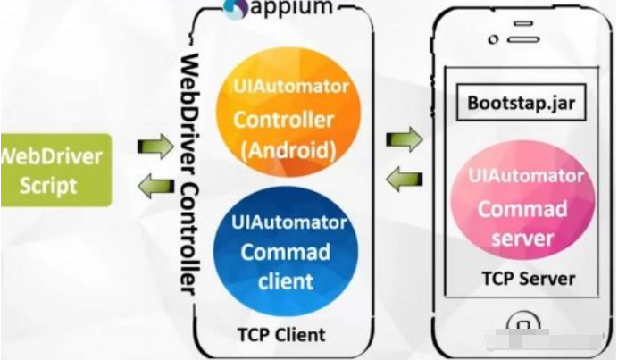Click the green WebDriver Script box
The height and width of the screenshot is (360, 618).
[54, 170]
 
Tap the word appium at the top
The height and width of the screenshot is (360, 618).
[294, 8]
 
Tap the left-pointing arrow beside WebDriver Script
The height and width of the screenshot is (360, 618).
[154, 186]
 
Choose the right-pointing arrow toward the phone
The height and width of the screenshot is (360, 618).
[405, 138]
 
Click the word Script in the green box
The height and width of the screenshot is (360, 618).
[50, 187]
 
